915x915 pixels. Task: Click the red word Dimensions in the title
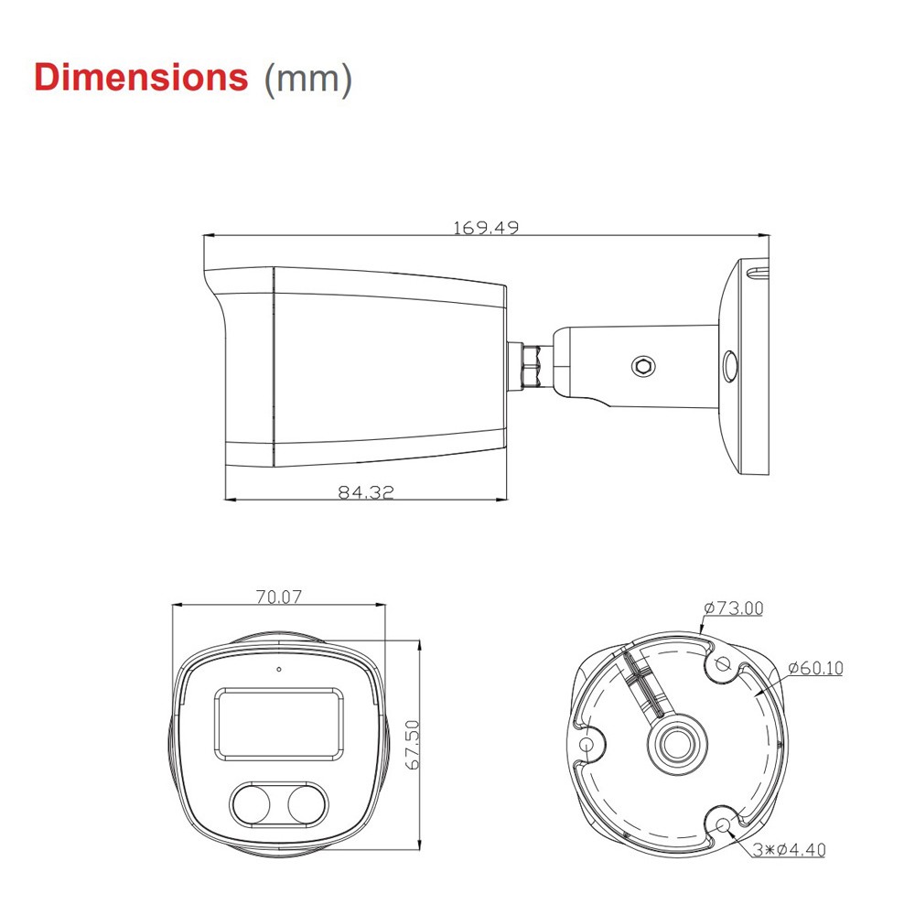[140, 77]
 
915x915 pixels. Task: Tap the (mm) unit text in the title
[307, 79]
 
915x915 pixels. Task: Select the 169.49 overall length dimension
[485, 227]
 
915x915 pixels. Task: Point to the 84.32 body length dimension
[365, 491]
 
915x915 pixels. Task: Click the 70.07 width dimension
[278, 597]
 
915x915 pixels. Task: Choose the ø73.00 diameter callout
[733, 608]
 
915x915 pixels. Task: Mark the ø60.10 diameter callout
[814, 668]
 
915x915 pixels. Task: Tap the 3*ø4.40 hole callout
[790, 850]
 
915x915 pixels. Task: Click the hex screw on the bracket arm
[643, 366]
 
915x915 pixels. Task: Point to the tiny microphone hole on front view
[278, 668]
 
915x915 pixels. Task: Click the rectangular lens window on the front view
[280, 724]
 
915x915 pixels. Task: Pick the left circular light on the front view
[251, 804]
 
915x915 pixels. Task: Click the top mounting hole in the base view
[722, 664]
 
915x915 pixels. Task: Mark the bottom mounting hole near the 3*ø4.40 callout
[723, 824]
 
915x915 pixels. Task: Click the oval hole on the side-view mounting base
[729, 366]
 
